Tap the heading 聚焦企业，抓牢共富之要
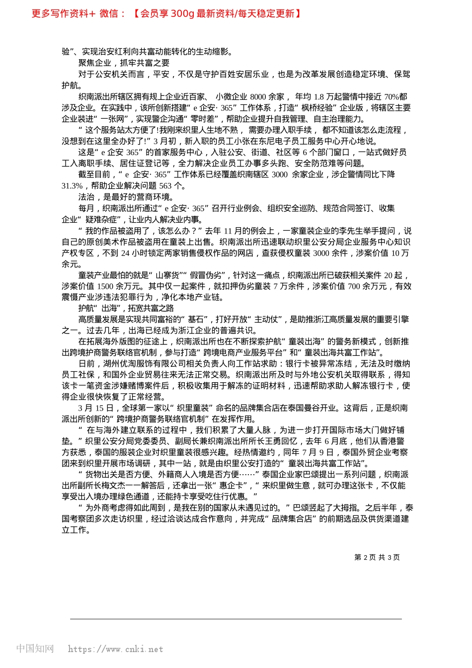tap(124, 63)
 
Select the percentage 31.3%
tap(72, 185)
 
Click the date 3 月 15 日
tap(96, 408)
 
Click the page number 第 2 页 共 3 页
tap(377, 557)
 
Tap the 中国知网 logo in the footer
tap(35, 649)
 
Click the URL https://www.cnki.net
tap(115, 649)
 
